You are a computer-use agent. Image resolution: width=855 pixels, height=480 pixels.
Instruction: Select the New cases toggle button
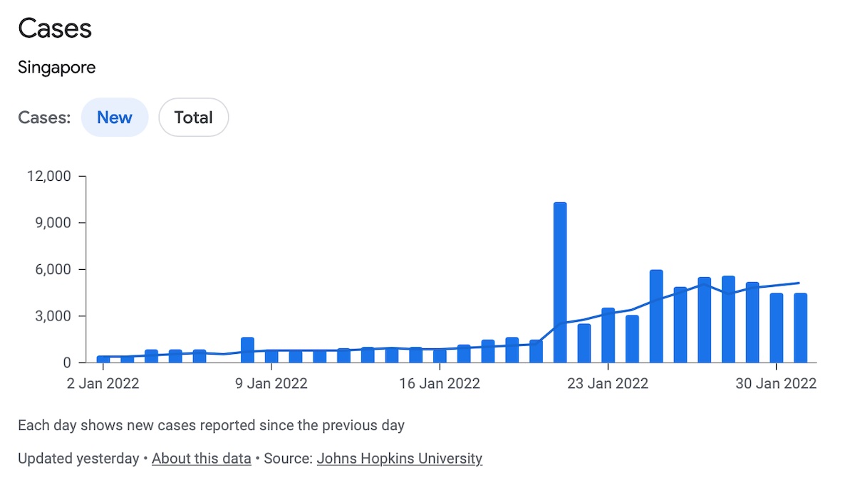tap(115, 118)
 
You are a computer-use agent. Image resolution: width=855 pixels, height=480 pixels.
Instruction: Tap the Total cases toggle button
tap(193, 118)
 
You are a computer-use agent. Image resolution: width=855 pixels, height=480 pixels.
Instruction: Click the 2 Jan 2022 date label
tap(103, 384)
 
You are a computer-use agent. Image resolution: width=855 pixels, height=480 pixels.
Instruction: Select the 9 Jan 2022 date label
tap(271, 384)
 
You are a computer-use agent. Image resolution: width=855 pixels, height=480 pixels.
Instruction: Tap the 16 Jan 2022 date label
tap(440, 384)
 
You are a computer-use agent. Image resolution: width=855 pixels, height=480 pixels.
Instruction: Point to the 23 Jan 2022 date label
tap(608, 384)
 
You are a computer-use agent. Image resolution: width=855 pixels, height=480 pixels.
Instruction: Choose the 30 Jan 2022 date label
tap(776, 384)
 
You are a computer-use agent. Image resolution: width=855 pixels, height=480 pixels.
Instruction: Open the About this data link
tap(202, 459)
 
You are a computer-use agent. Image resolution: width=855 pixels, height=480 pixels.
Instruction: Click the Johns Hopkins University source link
tap(400, 459)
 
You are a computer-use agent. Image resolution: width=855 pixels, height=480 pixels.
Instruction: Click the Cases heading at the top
tap(55, 29)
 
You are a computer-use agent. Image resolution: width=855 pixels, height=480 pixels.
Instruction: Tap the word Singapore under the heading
tap(57, 68)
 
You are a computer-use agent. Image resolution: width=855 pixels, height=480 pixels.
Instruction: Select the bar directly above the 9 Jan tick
tap(271, 356)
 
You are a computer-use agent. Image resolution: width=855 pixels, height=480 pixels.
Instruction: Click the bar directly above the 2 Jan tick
tap(103, 359)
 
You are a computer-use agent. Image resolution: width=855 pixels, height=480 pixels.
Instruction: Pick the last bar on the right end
tap(801, 328)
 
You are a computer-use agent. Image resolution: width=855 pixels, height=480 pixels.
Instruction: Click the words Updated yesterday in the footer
tap(78, 459)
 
